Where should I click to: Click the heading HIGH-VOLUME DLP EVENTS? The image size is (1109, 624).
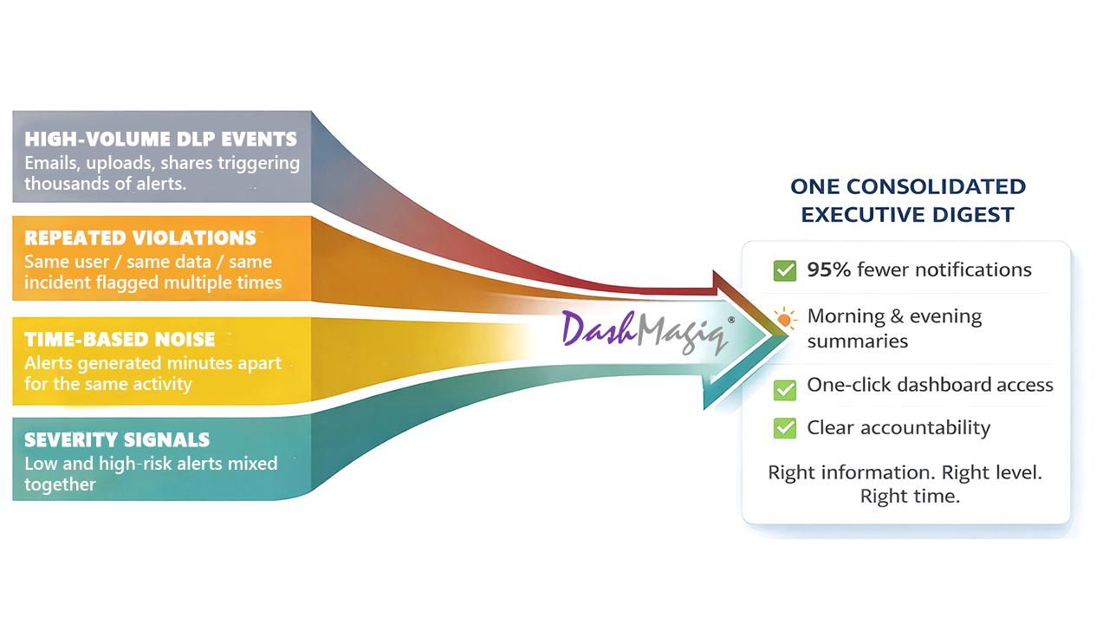160,140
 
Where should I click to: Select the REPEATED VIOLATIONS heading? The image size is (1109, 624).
140,238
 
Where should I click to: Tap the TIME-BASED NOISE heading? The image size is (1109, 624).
120,340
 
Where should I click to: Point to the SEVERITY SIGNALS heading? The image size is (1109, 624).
117,439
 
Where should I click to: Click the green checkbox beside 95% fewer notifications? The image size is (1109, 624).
785,270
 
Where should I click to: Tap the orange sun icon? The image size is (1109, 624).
785,319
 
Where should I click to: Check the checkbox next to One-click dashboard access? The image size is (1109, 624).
785,389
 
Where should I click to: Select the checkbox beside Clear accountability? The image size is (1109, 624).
785,427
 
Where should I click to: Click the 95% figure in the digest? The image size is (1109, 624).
829,270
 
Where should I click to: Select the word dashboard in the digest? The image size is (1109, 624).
944,385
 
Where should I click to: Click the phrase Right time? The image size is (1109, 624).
910,497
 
